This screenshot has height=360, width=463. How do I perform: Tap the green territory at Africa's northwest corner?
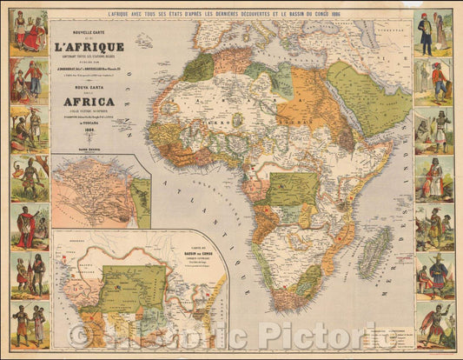tap(198, 67)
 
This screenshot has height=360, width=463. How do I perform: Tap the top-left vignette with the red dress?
tap(29, 31)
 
